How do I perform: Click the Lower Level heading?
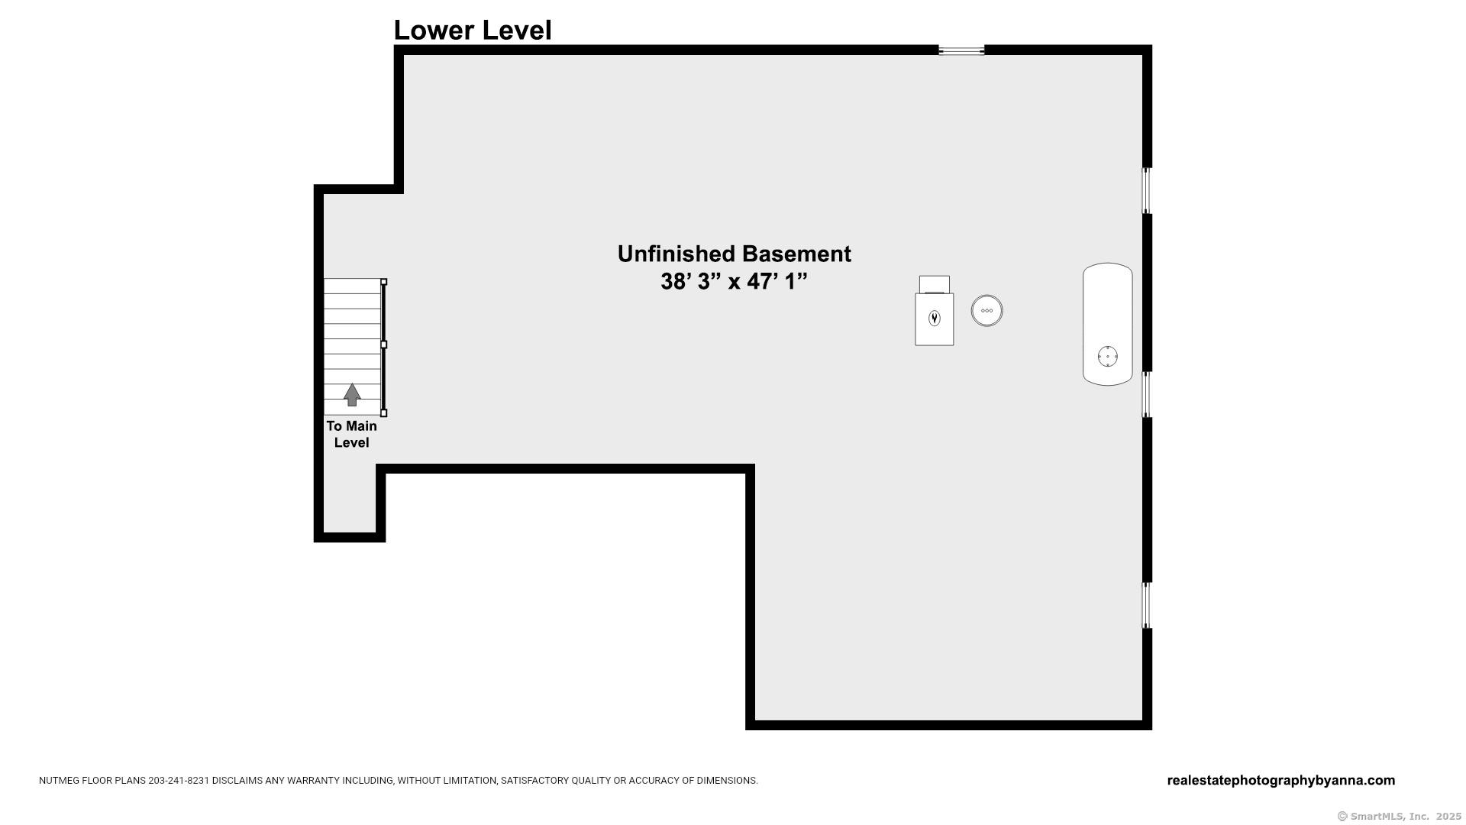point(472,31)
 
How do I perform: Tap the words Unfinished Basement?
point(734,254)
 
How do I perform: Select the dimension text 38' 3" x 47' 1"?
point(734,282)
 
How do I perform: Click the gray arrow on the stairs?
point(351,394)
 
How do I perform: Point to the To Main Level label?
point(351,434)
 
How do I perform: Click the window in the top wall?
point(961,50)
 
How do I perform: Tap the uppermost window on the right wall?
point(1146,190)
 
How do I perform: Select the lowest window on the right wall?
point(1146,606)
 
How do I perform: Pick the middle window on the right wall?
point(1146,394)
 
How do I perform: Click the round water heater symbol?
point(986,311)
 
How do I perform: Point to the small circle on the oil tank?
point(1107,356)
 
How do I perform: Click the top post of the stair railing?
point(384,282)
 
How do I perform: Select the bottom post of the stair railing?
point(384,413)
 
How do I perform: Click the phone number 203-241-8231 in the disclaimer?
point(179,781)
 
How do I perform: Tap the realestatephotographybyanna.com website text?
point(1280,781)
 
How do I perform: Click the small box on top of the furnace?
point(934,283)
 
